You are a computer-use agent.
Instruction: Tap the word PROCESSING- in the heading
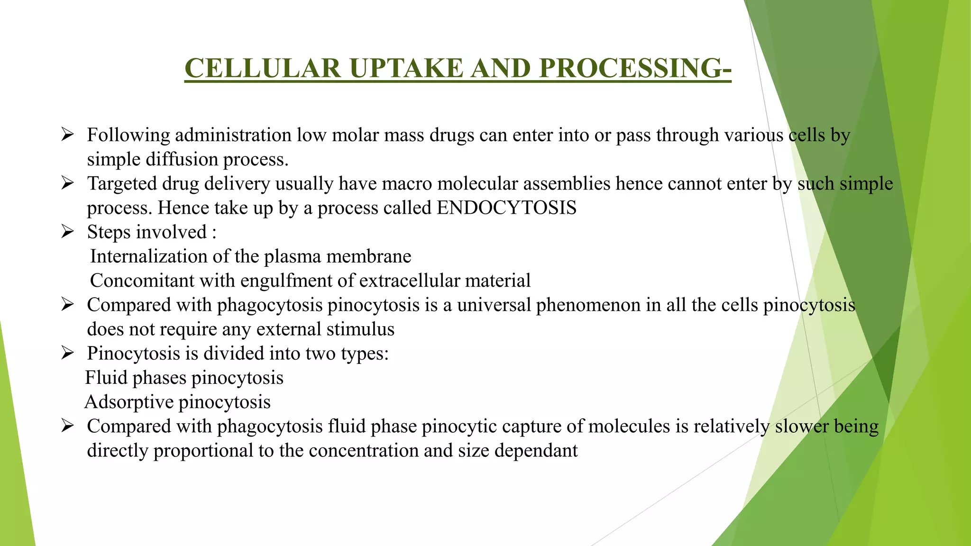pyautogui.click(x=635, y=68)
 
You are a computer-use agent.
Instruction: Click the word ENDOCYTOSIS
pyautogui.click(x=506, y=208)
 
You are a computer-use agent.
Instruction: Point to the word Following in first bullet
pyautogui.click(x=128, y=136)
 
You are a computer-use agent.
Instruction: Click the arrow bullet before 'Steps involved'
pyautogui.click(x=67, y=232)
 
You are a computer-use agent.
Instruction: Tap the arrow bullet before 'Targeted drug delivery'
pyautogui.click(x=67, y=183)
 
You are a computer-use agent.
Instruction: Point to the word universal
pyautogui.click(x=494, y=305)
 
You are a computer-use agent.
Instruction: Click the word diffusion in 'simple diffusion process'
pyautogui.click(x=182, y=160)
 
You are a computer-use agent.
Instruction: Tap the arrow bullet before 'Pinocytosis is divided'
pyautogui.click(x=67, y=353)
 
